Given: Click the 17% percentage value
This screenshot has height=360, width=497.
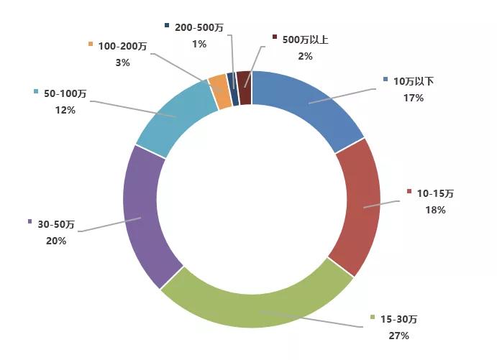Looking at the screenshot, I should (x=414, y=98).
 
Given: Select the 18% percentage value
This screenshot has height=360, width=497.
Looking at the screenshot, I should (x=435, y=210).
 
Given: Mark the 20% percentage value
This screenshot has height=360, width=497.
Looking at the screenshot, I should (x=55, y=241).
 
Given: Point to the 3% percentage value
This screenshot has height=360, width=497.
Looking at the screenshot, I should (x=122, y=63).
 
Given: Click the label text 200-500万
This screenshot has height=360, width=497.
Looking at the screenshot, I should (x=199, y=28).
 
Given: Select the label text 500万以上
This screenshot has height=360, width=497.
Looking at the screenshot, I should (x=305, y=40).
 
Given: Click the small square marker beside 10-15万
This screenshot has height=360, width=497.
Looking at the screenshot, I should (x=409, y=192).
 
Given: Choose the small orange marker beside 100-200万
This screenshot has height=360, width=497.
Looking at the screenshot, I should (x=91, y=44).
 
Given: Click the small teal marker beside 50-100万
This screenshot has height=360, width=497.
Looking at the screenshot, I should (x=36, y=91).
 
